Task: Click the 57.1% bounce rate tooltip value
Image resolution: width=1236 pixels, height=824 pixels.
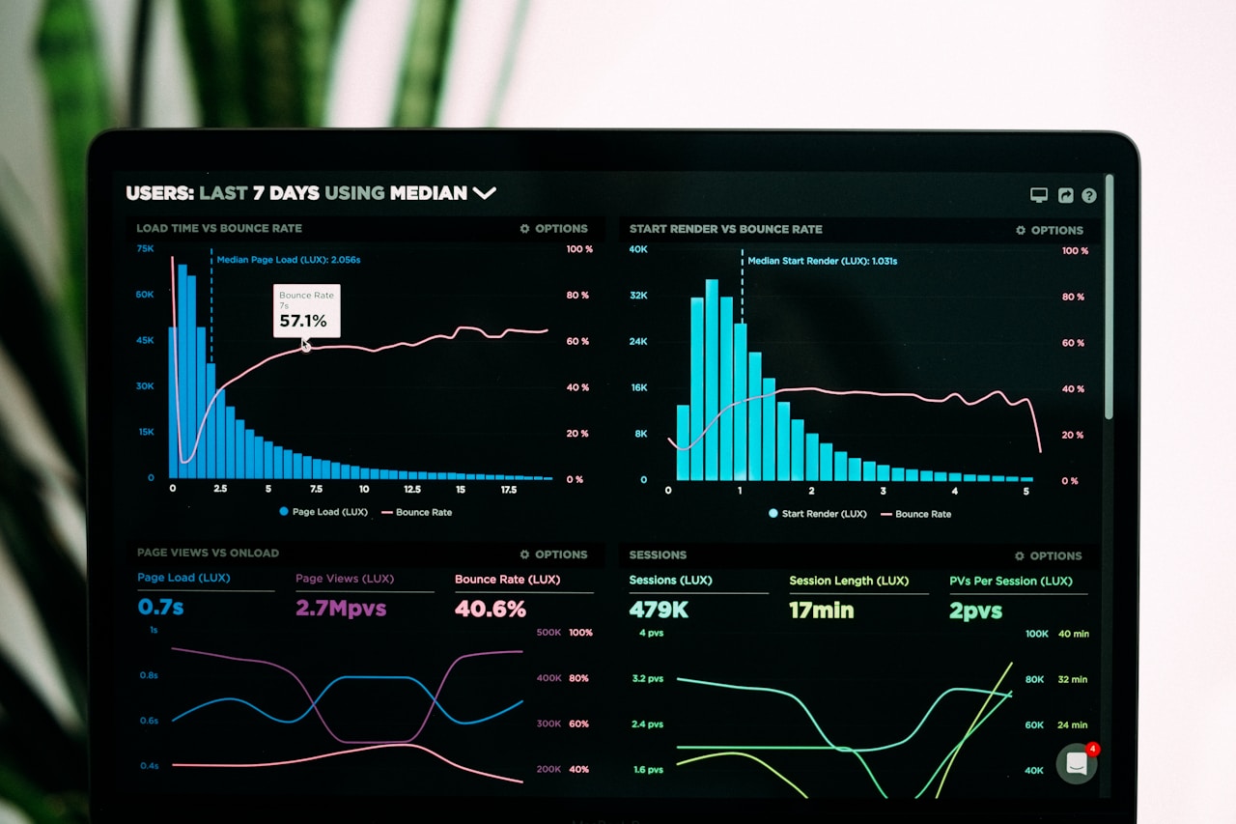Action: (303, 321)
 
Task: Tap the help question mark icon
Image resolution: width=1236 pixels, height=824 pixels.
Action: (1089, 195)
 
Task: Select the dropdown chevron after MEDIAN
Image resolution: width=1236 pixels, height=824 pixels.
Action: (484, 192)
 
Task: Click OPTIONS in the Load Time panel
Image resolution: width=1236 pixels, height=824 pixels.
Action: (553, 229)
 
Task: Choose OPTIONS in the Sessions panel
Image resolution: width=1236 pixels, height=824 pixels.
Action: (1049, 556)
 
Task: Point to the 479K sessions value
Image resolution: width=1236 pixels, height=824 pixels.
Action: (659, 610)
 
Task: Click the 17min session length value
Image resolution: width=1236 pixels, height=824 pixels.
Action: (821, 611)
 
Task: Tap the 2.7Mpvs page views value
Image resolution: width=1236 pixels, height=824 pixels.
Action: (341, 608)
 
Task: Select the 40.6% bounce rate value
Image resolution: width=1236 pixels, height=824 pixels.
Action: (491, 609)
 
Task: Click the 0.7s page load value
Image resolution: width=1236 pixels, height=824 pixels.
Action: (160, 607)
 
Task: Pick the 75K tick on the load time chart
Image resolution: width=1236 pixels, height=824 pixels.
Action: (145, 248)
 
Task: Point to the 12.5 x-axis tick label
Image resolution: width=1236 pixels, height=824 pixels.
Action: (411, 490)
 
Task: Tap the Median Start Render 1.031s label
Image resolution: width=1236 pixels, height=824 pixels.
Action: (822, 261)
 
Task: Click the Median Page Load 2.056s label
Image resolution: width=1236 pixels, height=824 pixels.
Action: (288, 260)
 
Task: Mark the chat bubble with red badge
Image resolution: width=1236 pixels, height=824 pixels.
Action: (1077, 763)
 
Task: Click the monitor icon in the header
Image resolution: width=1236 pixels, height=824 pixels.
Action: (1039, 195)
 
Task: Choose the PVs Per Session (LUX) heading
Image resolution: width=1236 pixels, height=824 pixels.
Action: (1010, 582)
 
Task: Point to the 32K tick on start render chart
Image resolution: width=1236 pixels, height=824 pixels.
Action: (638, 296)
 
